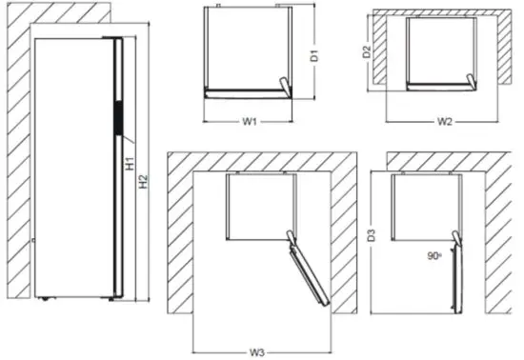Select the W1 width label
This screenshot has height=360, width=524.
(x=249, y=122)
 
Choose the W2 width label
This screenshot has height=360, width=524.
(x=444, y=122)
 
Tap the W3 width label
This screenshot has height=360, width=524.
(x=257, y=352)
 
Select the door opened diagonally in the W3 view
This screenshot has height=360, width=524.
(x=308, y=273)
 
